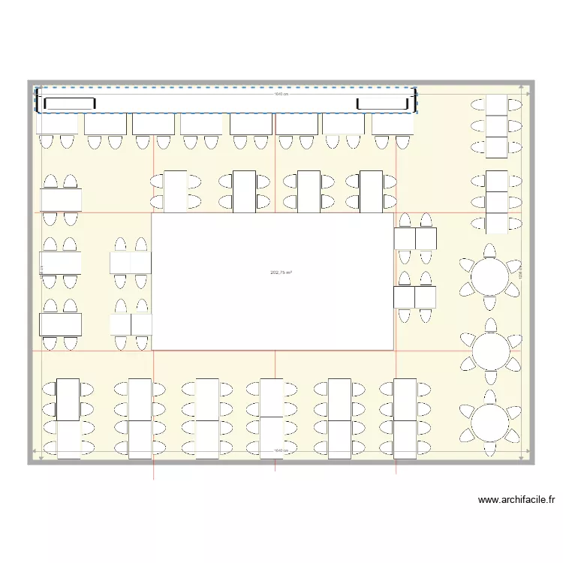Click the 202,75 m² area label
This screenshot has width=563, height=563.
pos(281,273)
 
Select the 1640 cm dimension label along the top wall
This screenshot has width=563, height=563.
pos(281,94)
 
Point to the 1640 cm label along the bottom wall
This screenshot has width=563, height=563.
pos(281,451)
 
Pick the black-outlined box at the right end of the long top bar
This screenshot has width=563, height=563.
pos(384,104)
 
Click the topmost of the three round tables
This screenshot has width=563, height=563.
pos(490,275)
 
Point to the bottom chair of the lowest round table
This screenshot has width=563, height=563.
pos(490,449)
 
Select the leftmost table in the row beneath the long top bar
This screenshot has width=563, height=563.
pos(57,124)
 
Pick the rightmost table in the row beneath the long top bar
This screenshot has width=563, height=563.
pos(393,124)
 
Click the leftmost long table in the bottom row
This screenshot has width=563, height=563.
pos(68,419)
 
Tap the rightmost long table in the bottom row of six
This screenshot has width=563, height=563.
pos(405,419)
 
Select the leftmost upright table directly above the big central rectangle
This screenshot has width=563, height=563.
pos(175,191)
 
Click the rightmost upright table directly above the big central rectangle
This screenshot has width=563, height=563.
pos(371,191)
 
